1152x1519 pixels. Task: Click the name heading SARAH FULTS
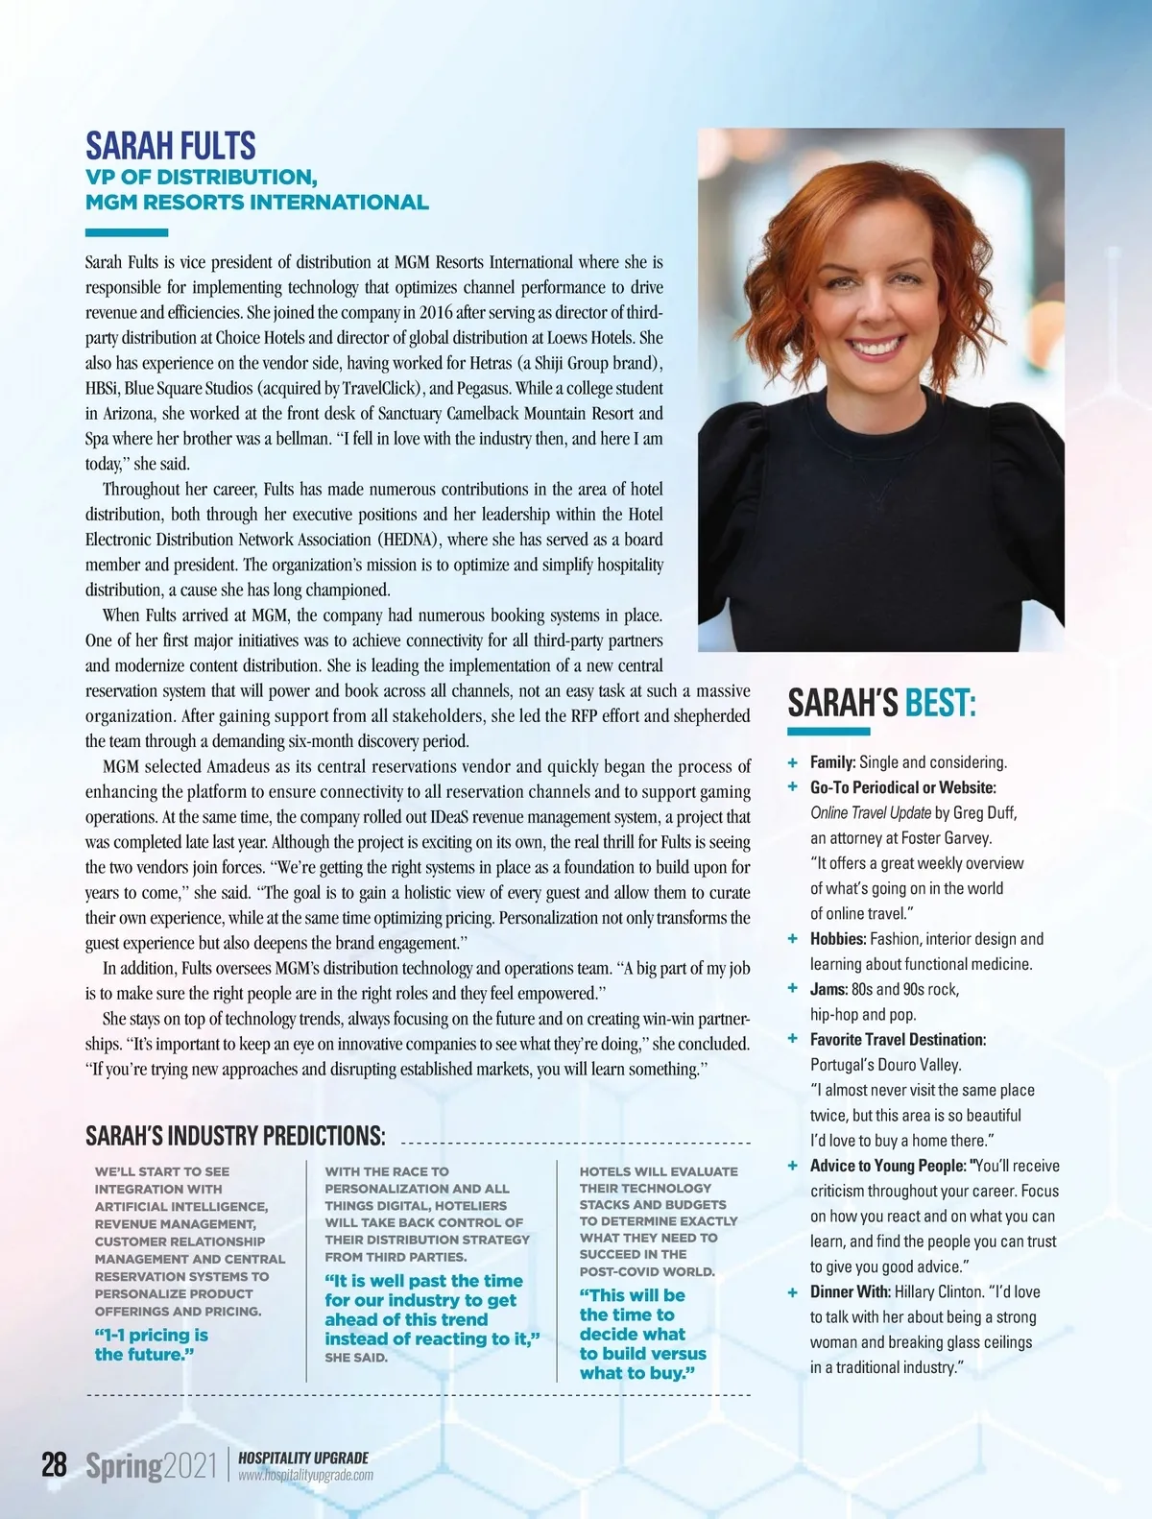pyautogui.click(x=171, y=146)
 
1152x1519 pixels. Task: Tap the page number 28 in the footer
pyautogui.click(x=54, y=1465)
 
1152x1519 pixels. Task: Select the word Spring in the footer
pyautogui.click(x=124, y=1466)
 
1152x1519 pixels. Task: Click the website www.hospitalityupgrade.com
pyautogui.click(x=305, y=1476)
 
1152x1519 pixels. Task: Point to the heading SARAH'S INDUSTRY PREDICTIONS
pyautogui.click(x=235, y=1137)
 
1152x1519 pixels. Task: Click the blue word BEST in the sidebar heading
pyautogui.click(x=940, y=704)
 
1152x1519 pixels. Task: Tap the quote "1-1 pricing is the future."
pyautogui.click(x=151, y=1344)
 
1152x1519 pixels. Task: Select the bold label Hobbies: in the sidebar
pyautogui.click(x=838, y=939)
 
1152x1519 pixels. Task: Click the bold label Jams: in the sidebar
pyautogui.click(x=828, y=989)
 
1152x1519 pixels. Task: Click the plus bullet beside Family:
pyautogui.click(x=793, y=762)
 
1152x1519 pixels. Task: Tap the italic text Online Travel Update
pyautogui.click(x=870, y=813)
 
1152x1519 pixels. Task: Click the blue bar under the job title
pyautogui.click(x=127, y=232)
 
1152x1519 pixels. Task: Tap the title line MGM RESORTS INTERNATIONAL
pyautogui.click(x=256, y=203)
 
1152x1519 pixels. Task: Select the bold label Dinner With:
pyautogui.click(x=850, y=1292)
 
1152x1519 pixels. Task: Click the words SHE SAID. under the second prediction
pyautogui.click(x=356, y=1358)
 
